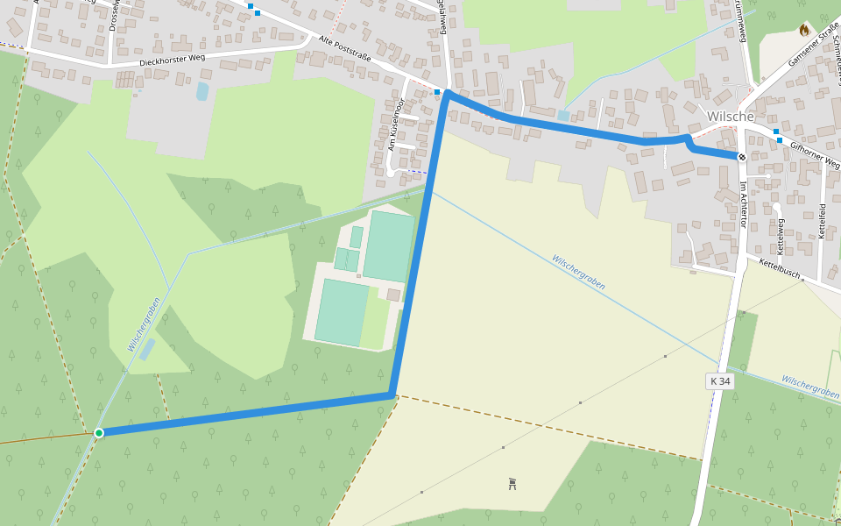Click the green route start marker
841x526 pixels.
(99, 432)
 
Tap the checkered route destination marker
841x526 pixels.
(742, 157)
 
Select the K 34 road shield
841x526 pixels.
(720, 381)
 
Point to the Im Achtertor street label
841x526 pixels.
(743, 203)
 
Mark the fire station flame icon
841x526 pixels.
(804, 30)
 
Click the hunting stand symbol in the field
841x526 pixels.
(512, 483)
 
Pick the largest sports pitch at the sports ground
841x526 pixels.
(389, 245)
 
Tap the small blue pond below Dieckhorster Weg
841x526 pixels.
(202, 90)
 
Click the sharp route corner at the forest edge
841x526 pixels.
(392, 396)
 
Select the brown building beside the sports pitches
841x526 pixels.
(393, 295)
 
